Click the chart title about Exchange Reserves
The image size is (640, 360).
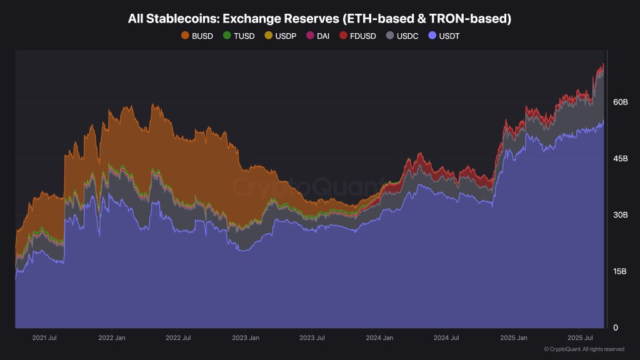(319, 19)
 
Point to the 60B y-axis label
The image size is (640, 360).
(619, 102)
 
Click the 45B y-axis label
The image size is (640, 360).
(619, 159)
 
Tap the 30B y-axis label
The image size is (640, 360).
(619, 215)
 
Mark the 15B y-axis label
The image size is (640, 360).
(619, 271)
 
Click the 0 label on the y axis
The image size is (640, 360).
(616, 327)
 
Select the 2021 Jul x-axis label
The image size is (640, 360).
(44, 337)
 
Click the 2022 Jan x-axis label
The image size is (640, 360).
(112, 337)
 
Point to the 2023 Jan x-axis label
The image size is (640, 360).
(246, 337)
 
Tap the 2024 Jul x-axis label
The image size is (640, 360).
(446, 337)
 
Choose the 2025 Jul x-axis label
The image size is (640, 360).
(579, 337)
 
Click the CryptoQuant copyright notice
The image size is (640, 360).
(584, 349)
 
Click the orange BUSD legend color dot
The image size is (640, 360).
(185, 36)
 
